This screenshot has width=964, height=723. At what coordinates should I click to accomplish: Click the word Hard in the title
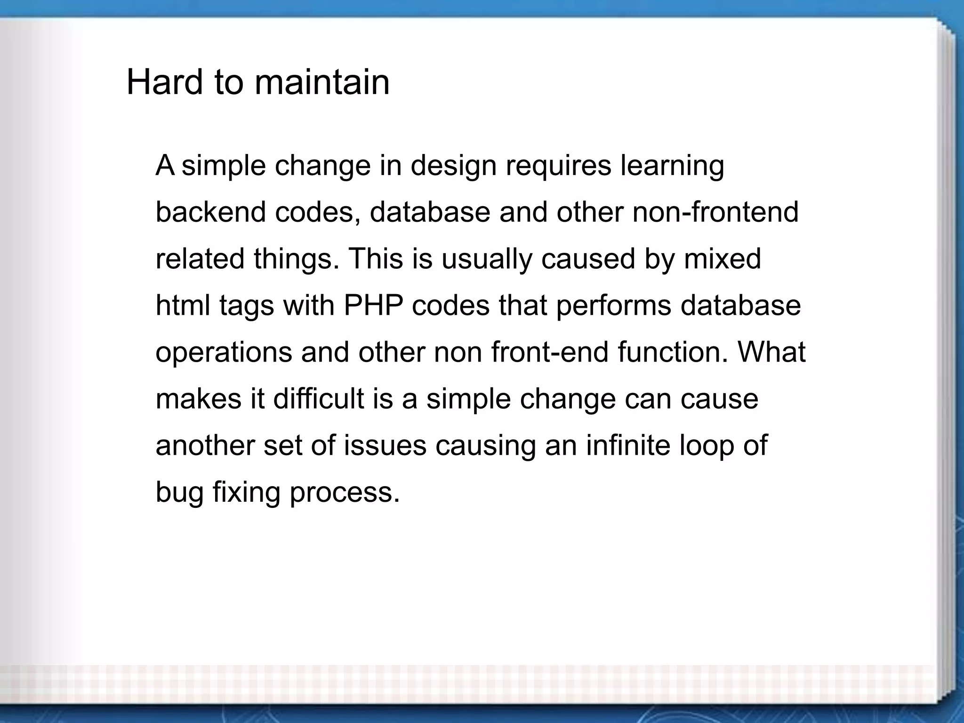(x=165, y=82)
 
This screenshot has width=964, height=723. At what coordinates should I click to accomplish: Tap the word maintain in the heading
(x=322, y=82)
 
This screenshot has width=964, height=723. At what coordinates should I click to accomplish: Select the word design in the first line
(x=453, y=166)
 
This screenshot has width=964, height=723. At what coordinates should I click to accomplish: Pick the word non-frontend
(x=715, y=212)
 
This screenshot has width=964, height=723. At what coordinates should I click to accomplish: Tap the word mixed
(x=722, y=258)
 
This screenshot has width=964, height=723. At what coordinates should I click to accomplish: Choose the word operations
(x=224, y=353)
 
